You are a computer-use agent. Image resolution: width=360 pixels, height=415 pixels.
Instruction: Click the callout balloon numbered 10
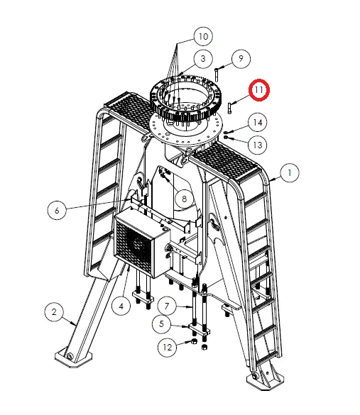click(x=203, y=36)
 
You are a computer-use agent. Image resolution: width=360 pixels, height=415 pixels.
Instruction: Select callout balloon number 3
click(x=203, y=58)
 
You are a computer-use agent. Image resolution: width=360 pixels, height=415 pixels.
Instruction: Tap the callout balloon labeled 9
click(x=241, y=58)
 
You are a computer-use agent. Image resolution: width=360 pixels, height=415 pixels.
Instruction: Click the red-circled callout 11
click(x=258, y=90)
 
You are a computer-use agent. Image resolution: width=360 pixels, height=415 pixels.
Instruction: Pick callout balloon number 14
click(x=258, y=122)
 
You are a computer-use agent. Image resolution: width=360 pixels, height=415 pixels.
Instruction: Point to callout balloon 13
click(x=258, y=145)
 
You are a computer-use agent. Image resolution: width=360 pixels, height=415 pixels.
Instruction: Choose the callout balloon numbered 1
click(x=290, y=173)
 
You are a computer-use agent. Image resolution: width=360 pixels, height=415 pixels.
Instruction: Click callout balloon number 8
click(x=184, y=199)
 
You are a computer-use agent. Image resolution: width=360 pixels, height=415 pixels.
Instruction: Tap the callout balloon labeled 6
click(x=57, y=211)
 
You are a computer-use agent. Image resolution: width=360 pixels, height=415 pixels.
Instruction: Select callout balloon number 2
click(x=54, y=311)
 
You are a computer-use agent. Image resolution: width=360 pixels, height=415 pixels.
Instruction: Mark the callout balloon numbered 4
click(x=121, y=306)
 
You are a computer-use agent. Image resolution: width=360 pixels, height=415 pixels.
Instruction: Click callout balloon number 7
click(x=167, y=306)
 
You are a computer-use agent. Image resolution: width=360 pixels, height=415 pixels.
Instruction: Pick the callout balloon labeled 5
click(x=162, y=323)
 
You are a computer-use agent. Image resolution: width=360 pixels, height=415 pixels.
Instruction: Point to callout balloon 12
click(x=167, y=347)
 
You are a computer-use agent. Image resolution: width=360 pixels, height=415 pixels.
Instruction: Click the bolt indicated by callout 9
click(x=217, y=74)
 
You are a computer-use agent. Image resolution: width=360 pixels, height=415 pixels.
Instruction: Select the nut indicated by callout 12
click(x=194, y=341)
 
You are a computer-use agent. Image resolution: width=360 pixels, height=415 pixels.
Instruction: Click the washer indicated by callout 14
click(x=225, y=132)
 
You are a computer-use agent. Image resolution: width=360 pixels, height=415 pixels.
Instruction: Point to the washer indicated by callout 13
click(x=226, y=138)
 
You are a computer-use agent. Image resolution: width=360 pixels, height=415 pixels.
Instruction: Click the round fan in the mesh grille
click(x=137, y=245)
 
